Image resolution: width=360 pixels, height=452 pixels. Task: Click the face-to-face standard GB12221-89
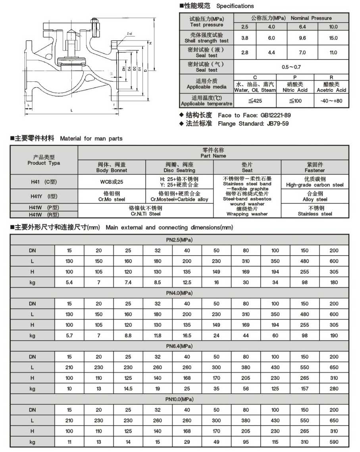[x=275, y=115]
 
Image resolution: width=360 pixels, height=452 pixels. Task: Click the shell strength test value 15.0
[x=333, y=38]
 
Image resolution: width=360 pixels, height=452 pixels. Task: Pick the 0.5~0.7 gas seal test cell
[x=291, y=67]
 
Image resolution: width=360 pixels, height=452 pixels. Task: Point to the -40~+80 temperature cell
[x=331, y=101]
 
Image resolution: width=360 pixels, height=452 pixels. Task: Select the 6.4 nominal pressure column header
[x=302, y=27]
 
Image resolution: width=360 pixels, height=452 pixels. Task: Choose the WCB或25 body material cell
[x=112, y=182]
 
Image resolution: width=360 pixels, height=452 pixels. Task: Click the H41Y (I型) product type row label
[x=44, y=196]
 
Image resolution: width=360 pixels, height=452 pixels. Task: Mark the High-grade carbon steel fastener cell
[x=315, y=182]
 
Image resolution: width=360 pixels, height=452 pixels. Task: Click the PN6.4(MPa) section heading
[x=179, y=346]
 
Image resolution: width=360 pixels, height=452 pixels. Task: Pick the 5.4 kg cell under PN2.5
[x=69, y=282]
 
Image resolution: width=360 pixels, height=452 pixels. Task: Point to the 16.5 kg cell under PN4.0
[x=187, y=335]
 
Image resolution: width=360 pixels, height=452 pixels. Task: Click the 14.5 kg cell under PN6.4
[x=128, y=389]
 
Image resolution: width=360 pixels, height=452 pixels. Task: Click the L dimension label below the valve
[x=72, y=110]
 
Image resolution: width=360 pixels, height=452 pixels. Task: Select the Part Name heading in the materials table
[x=214, y=153]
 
